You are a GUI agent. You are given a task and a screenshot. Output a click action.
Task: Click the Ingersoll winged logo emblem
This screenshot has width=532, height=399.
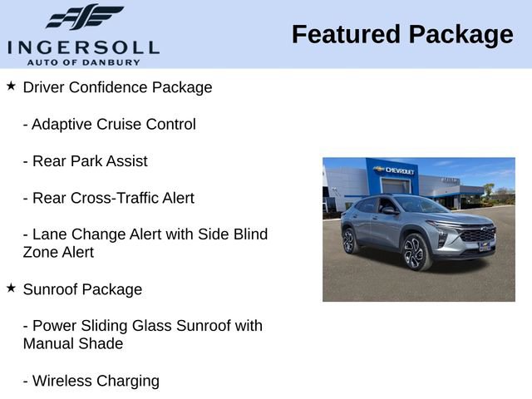click(83, 17)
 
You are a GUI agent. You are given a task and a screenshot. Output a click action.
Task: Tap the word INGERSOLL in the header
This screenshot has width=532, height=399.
click(83, 46)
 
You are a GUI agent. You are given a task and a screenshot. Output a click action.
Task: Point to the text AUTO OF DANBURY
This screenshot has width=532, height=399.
click(83, 62)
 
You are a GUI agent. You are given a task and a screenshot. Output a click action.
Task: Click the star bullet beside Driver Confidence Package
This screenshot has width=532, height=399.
click(11, 86)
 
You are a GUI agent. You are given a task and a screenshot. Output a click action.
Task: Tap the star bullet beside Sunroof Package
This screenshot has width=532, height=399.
click(11, 288)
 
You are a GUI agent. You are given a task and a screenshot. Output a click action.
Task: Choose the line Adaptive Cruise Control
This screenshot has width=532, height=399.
click(109, 125)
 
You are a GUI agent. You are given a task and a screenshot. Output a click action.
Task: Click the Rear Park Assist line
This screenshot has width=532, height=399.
click(85, 161)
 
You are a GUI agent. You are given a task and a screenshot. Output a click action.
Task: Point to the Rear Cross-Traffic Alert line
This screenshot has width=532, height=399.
click(108, 198)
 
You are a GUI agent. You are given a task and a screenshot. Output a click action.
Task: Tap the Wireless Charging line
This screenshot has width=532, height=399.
click(91, 381)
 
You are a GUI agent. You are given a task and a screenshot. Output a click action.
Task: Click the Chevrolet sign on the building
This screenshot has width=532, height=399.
click(394, 170)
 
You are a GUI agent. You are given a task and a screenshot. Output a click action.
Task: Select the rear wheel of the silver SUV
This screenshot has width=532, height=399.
click(350, 240)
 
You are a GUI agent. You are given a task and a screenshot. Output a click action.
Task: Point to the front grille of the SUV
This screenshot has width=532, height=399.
click(477, 236)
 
